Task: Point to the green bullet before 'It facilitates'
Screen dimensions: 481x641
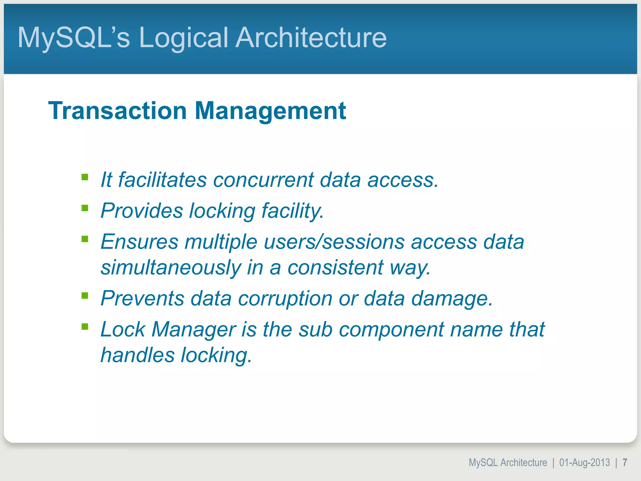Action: [x=85, y=178]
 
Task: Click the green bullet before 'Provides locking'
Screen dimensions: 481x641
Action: [x=85, y=208]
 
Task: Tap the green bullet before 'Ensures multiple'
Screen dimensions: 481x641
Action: [x=85, y=239]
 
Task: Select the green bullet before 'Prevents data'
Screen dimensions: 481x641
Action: [x=85, y=296]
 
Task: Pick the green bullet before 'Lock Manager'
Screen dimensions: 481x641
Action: [x=85, y=327]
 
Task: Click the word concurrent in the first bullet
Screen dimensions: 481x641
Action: [x=263, y=180]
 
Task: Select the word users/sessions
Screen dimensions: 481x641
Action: [x=334, y=242]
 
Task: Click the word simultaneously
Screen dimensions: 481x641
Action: [x=171, y=268]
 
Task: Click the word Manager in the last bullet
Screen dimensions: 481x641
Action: [x=194, y=329]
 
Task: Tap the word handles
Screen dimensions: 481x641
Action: [x=137, y=355]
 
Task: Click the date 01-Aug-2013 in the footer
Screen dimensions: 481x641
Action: [x=584, y=463]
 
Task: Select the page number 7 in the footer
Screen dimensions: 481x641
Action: [x=625, y=463]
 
